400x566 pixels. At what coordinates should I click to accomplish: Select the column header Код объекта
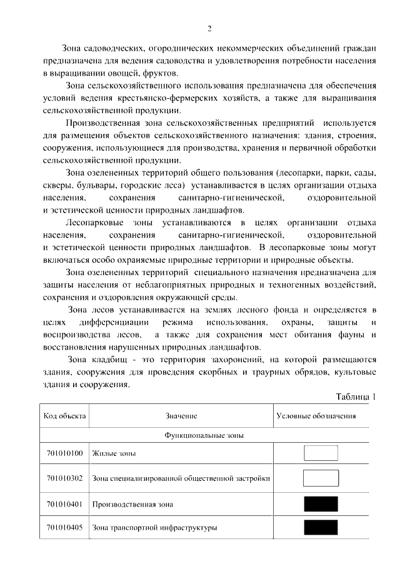pos(64,416)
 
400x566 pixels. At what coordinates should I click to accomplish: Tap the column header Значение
pos(181,416)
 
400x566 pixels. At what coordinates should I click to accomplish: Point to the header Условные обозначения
pos(316,416)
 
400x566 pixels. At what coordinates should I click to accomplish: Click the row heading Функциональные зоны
pos(204,433)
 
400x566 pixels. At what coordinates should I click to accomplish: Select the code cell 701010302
pos(64,478)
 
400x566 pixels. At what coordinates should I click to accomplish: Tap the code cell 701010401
pos(64,503)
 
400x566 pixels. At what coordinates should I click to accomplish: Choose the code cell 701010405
pos(64,528)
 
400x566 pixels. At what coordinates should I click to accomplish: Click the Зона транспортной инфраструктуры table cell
pos(154,528)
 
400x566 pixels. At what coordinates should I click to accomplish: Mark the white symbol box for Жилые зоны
pos(321,453)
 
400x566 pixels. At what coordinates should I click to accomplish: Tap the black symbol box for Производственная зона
pos(321,503)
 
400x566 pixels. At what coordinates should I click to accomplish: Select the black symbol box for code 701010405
pos(321,527)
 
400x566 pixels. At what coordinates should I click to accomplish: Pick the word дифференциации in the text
pos(114,322)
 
